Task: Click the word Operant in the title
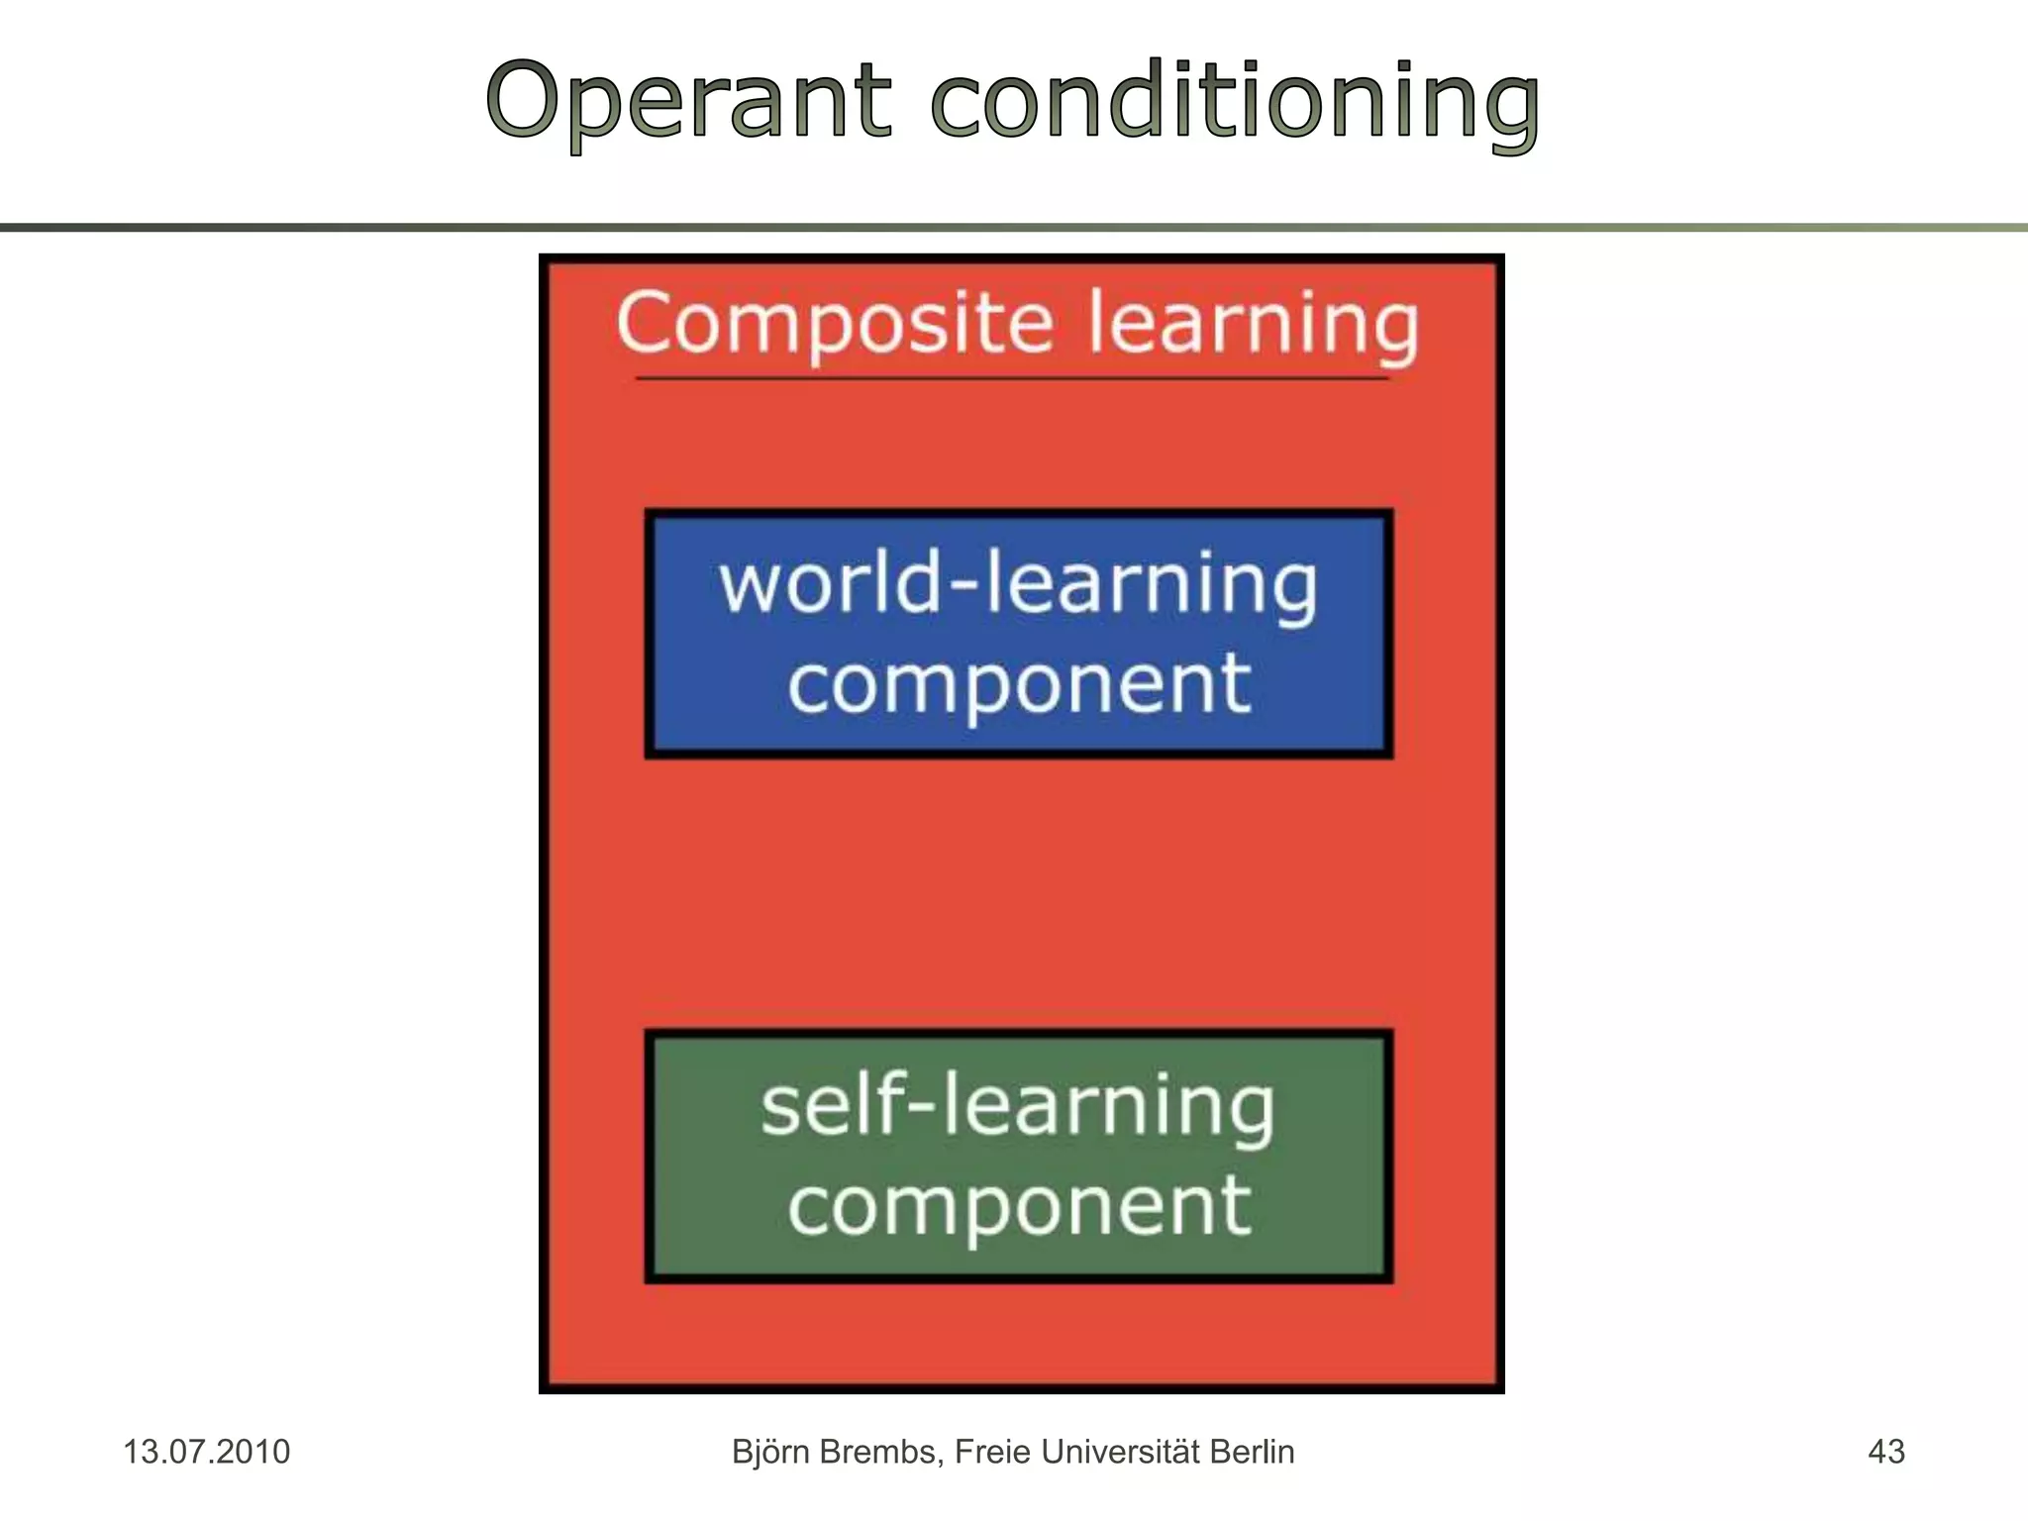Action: click(x=689, y=102)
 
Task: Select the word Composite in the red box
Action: click(x=835, y=324)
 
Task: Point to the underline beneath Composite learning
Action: click(x=1012, y=378)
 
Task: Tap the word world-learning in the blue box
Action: click(x=1018, y=584)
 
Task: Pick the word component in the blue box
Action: click(x=1019, y=684)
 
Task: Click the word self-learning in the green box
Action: click(x=1018, y=1106)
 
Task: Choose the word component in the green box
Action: click(x=1019, y=1207)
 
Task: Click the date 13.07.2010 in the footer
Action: click(x=206, y=1452)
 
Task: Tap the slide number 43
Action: click(x=1885, y=1452)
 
